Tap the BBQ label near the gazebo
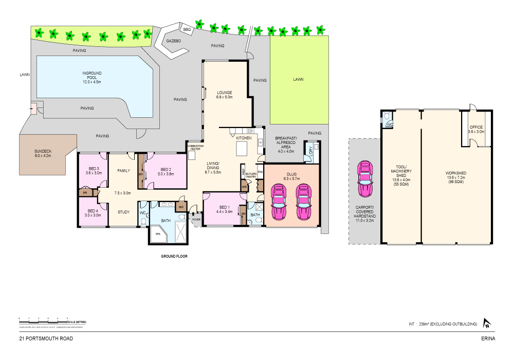[187, 30]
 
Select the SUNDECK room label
[43, 153]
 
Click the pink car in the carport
[365, 179]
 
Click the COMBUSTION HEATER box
[195, 148]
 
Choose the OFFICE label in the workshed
[476, 129]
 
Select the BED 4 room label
[93, 213]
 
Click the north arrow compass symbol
[486, 323]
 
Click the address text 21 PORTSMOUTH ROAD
[46, 338]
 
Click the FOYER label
[196, 219]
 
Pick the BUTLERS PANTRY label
[251, 175]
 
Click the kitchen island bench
[242, 149]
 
